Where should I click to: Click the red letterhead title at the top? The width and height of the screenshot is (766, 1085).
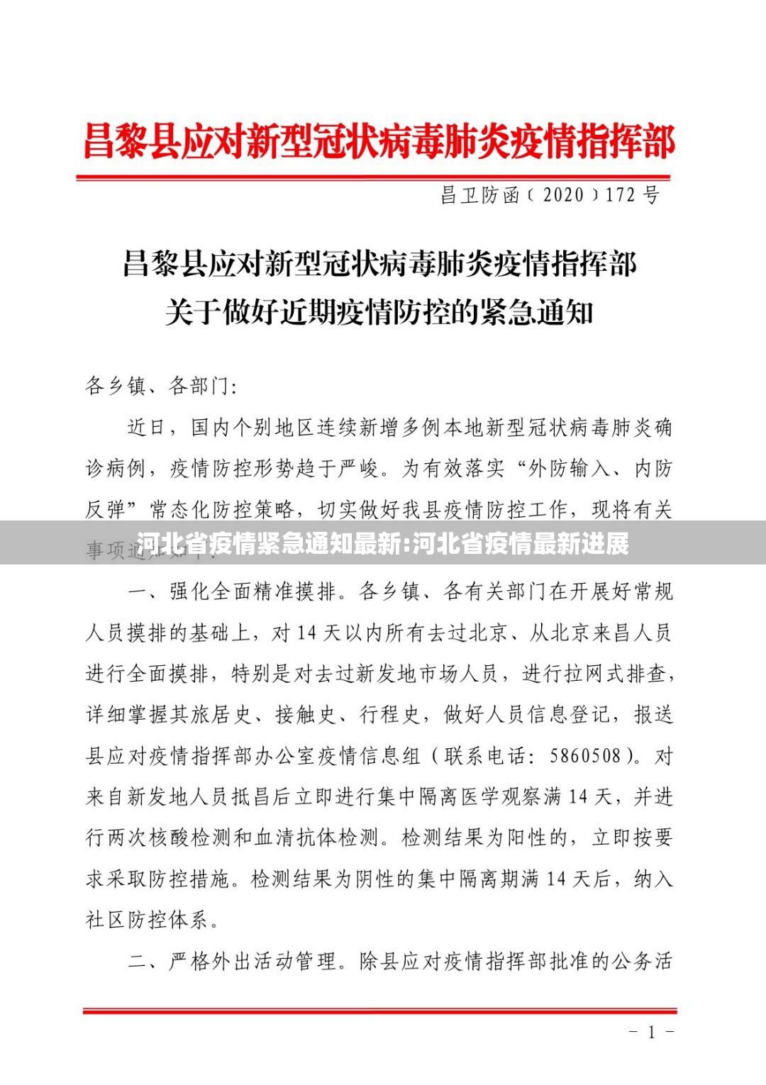[x=379, y=141]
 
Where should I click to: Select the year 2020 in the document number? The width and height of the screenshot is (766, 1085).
[x=563, y=195]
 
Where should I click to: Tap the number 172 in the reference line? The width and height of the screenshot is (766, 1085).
[x=620, y=195]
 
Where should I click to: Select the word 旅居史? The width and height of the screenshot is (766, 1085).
[x=211, y=715]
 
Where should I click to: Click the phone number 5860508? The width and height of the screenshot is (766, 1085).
[x=585, y=756]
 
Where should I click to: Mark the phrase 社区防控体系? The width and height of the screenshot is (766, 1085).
[x=147, y=920]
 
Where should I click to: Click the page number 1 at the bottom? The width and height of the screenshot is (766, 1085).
[x=651, y=1033]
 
